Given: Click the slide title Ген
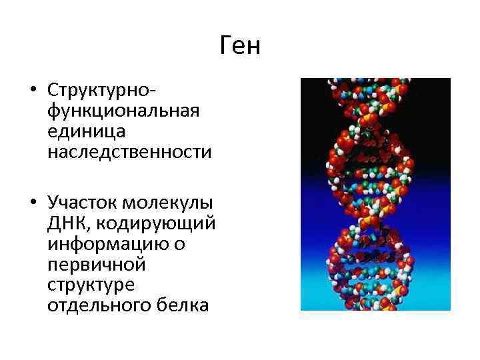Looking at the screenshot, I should tap(240, 47).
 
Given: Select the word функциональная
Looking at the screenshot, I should tap(123, 110).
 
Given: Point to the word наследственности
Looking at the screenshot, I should tap(129, 153).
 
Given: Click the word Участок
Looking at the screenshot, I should tap(83, 202).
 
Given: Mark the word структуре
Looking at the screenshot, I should tap(92, 285).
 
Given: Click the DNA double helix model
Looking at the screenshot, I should tap(375, 193).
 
